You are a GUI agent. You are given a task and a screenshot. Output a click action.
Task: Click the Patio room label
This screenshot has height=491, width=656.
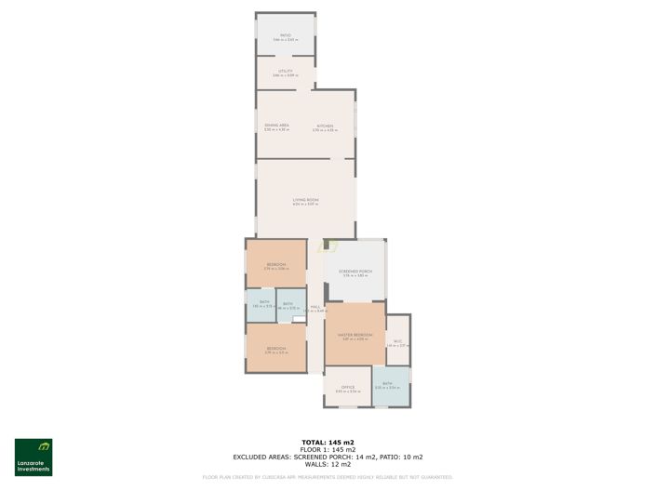coord(286,37)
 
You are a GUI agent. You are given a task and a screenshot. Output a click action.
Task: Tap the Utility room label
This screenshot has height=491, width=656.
coord(286,73)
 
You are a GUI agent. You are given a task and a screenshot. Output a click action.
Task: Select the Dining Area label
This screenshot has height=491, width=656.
coord(276,127)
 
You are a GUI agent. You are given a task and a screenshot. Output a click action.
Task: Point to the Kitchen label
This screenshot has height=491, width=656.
coord(325,127)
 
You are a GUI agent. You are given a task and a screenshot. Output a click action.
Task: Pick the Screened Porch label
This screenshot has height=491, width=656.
coord(355,272)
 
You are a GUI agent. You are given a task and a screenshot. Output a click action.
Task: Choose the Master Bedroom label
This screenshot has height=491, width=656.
coord(355,337)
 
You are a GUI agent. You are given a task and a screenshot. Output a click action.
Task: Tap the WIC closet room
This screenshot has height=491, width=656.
coord(397,342)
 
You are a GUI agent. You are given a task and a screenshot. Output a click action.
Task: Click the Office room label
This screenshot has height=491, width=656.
coord(347,389)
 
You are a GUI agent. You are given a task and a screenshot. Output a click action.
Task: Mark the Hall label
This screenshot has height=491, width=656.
coord(315,308)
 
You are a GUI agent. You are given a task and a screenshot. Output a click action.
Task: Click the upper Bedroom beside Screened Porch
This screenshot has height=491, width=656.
coord(276,266)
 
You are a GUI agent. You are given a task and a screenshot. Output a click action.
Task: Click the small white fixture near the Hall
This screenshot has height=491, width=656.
coord(299,320)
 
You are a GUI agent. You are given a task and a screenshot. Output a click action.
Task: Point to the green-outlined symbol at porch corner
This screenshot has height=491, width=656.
coord(327,246)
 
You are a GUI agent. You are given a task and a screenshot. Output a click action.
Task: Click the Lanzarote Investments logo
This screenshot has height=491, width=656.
coord(33,457)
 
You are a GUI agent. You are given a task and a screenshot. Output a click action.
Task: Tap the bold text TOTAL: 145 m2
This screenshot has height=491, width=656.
coord(328,442)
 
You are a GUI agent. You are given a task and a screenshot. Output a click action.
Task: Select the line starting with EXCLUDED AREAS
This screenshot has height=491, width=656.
coord(328,457)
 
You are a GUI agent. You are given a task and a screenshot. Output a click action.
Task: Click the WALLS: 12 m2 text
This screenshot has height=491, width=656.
coord(328,464)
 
